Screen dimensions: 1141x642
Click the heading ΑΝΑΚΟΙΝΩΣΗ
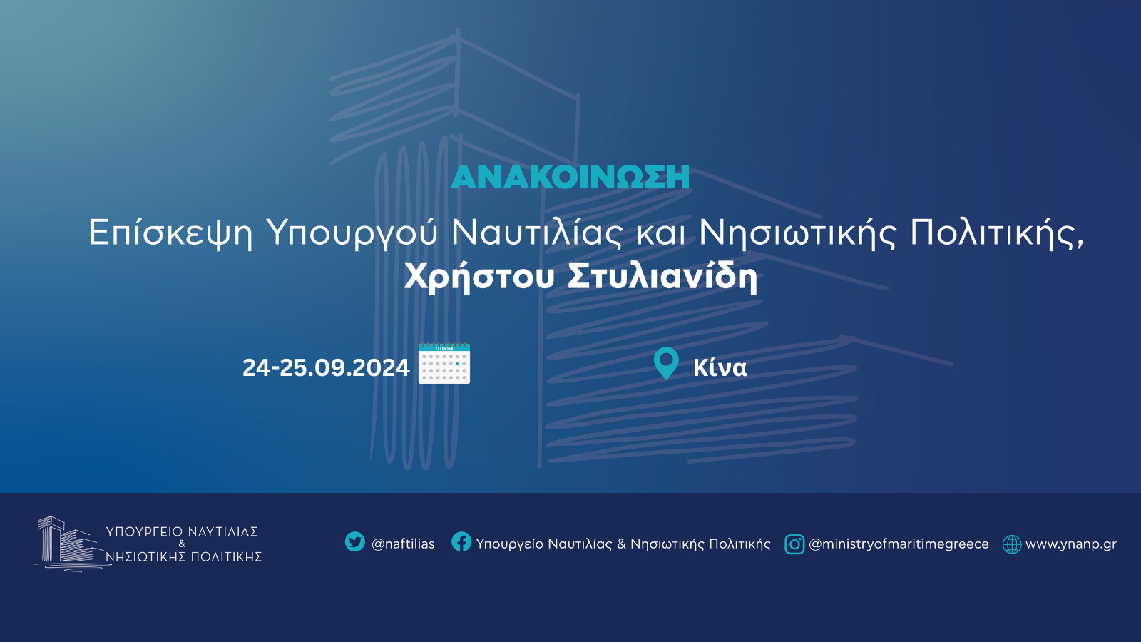(x=570, y=177)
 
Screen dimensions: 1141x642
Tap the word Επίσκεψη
(x=171, y=234)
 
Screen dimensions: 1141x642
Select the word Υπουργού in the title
(x=352, y=234)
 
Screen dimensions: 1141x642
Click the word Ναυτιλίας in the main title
(x=536, y=233)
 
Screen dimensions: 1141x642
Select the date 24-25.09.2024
(x=326, y=367)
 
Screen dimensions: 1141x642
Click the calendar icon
(x=444, y=363)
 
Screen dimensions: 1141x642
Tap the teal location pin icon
(x=666, y=363)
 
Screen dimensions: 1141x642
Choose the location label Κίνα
(x=720, y=367)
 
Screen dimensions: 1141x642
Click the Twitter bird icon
(x=355, y=541)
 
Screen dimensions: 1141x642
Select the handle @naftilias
(x=403, y=544)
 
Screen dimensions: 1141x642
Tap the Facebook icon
(x=461, y=541)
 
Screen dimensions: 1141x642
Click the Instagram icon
(x=794, y=544)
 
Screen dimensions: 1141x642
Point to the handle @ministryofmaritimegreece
(x=899, y=544)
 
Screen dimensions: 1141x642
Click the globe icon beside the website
(x=1012, y=544)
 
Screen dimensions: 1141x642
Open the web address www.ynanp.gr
(x=1070, y=544)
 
